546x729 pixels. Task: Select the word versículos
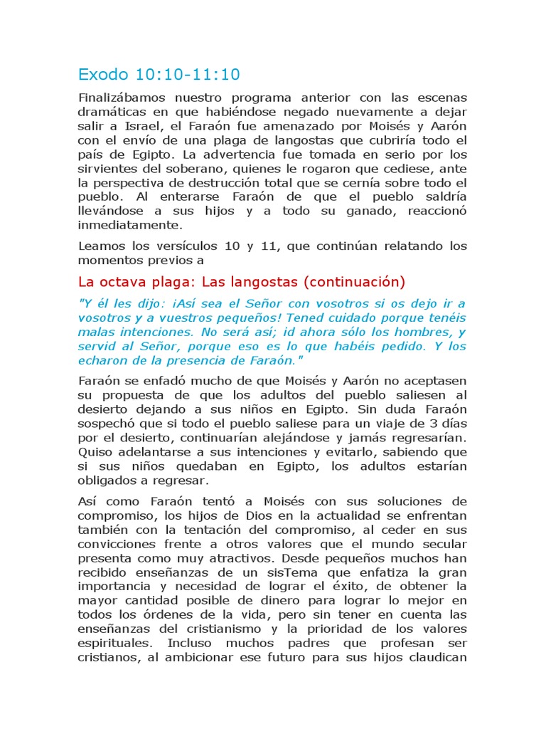pyautogui.click(x=181, y=246)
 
